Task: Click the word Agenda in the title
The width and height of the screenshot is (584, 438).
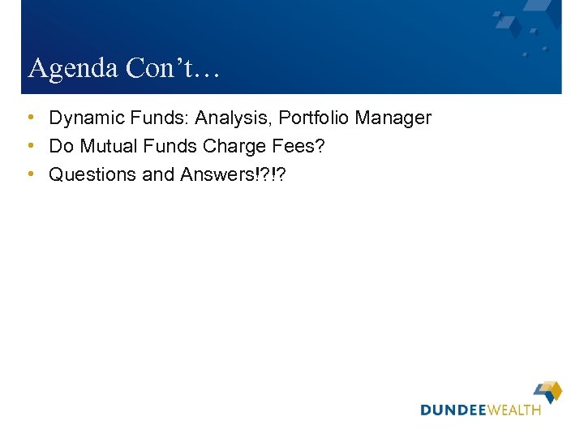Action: click(x=74, y=69)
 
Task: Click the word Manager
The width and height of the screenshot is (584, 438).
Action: click(x=393, y=118)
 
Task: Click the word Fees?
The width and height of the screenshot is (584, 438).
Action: click(x=303, y=147)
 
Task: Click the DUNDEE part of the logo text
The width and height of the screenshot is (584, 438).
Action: click(x=453, y=410)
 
